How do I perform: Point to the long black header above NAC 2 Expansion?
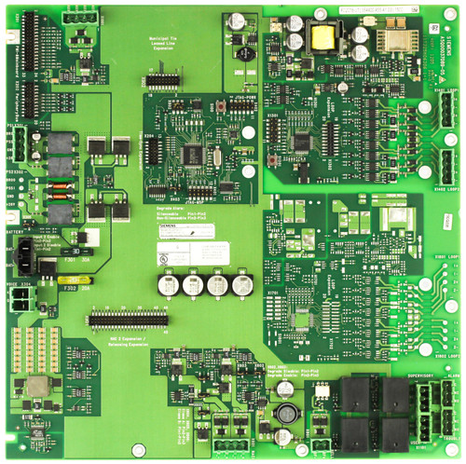click(x=127, y=320)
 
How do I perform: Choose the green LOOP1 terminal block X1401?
click(x=449, y=115)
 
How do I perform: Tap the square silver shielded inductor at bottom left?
click(x=38, y=388)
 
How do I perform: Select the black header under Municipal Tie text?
click(x=163, y=80)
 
